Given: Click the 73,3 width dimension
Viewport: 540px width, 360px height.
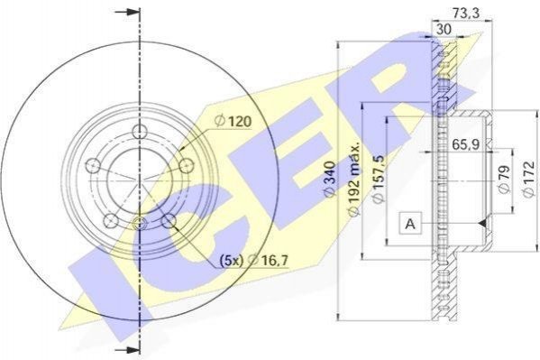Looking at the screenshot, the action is pos(466,14).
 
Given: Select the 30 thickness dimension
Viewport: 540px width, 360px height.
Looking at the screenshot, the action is pos(444,29).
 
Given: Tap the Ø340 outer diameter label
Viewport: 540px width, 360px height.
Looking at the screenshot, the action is pos(330,179).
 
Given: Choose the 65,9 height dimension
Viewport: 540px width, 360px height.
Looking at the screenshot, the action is pos(465,144).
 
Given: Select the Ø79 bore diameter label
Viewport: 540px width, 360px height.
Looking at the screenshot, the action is pos(504,180).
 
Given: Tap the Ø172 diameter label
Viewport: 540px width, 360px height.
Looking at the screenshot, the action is pos(528,179).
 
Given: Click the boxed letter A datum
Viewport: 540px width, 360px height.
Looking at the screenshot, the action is pos(410,224).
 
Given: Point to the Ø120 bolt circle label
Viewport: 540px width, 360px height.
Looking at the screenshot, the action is pos(233,121).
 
